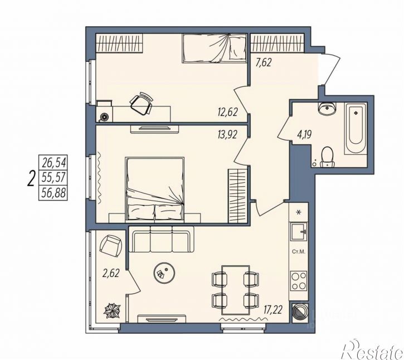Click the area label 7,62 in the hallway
[x=264, y=62]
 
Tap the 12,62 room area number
[x=227, y=112]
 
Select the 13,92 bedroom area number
[x=227, y=134]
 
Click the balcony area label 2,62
[x=111, y=273]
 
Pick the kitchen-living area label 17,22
[x=272, y=309]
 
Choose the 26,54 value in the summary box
[x=54, y=163]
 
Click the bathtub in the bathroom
[x=356, y=128]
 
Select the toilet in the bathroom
[x=327, y=157]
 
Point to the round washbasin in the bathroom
[x=327, y=109]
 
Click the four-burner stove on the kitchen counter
[x=299, y=281]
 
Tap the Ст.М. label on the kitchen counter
[x=299, y=252]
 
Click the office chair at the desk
[x=141, y=104]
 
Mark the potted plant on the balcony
[x=112, y=310]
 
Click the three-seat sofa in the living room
[x=161, y=239]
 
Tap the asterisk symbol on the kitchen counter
[x=299, y=212]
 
